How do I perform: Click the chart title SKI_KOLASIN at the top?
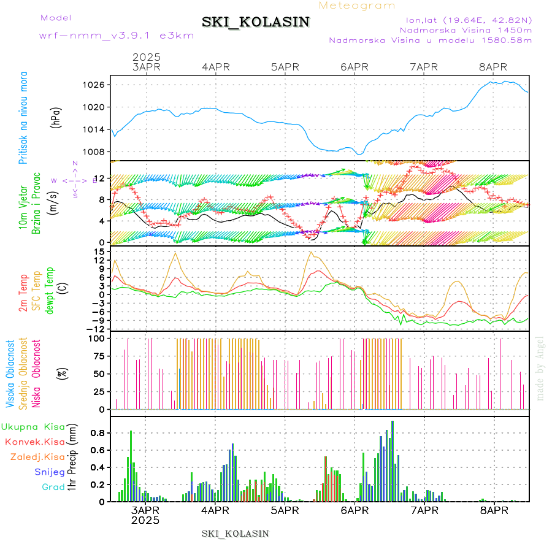point(255,22)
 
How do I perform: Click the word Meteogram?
point(358,6)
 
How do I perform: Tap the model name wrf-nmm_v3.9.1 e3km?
point(117,36)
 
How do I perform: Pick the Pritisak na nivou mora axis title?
point(23,118)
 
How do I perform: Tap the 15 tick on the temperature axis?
point(101,252)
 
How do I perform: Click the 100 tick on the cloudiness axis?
point(98,338)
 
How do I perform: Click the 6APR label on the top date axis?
point(354,67)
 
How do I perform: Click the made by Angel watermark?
point(540,368)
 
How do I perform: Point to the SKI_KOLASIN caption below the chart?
point(236,534)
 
